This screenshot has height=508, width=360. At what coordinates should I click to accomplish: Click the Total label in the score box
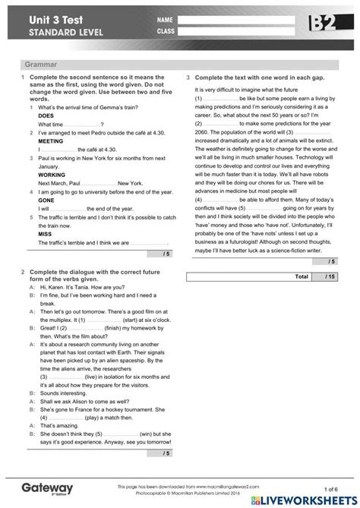point(301,276)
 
